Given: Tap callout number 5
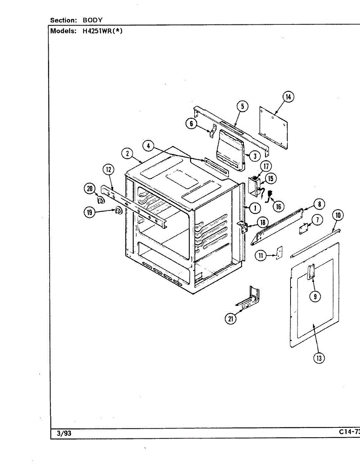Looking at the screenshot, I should pos(242,106).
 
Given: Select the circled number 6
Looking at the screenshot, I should pos(191,124).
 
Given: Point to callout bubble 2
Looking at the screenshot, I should pos(127,153).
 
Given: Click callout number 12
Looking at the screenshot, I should pos(108,170).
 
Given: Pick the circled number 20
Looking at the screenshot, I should pos(90,189).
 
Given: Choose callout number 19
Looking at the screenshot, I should pos(90,212).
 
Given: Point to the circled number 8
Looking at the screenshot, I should pos(319,204).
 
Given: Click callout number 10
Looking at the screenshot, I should pos(338,215).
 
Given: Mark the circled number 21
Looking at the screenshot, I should pos(230,319).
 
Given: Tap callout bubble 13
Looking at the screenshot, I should pos(319,358).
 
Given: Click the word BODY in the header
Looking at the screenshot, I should pos(93,20).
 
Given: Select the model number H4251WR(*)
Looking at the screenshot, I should pos(103,31).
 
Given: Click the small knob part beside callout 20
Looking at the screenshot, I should pos(101,201).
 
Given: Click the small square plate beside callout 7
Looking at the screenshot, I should pos(303,229).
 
